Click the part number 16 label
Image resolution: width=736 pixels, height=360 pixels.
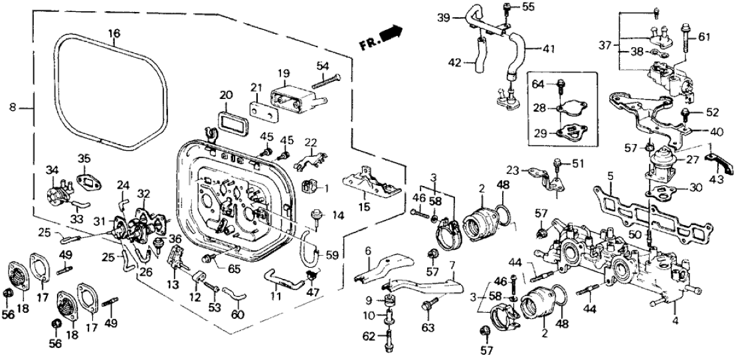[x=114, y=33]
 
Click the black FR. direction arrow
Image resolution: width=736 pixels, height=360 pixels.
[x=393, y=31]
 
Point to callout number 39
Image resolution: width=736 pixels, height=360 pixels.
[x=444, y=18]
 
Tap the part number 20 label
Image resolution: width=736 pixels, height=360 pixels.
[x=226, y=95]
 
